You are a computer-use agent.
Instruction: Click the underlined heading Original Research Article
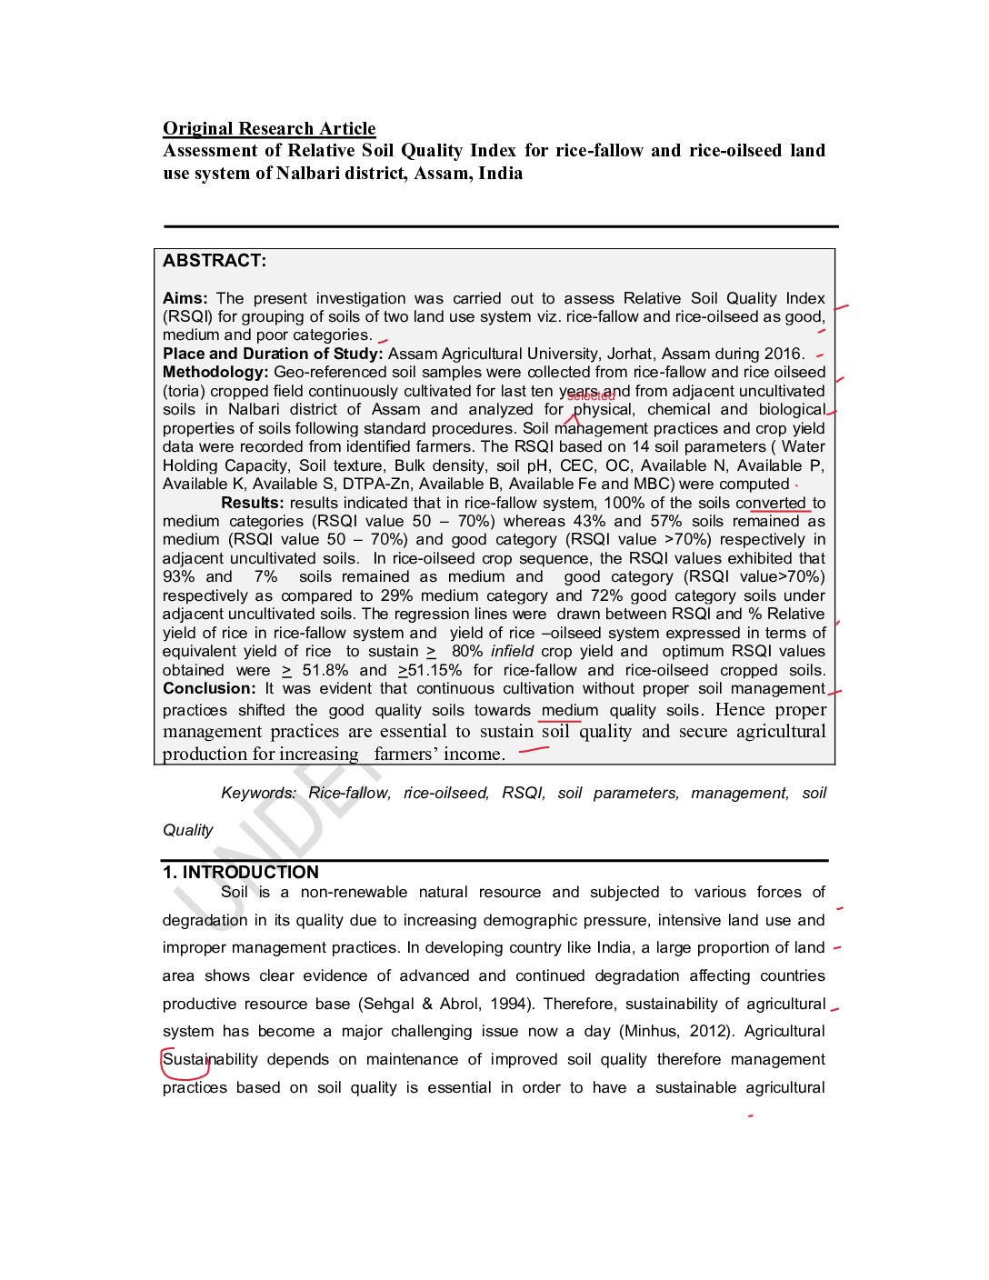pyautogui.click(x=269, y=128)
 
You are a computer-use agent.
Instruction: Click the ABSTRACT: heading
pyautogui.click(x=215, y=261)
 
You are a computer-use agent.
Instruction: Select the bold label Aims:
pyautogui.click(x=185, y=298)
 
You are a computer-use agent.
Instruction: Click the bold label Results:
pyautogui.click(x=252, y=503)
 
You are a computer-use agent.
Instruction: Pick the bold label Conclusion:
pyautogui.click(x=209, y=689)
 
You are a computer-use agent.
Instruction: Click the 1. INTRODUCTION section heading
pyautogui.click(x=241, y=873)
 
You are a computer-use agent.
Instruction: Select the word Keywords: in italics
pyautogui.click(x=258, y=794)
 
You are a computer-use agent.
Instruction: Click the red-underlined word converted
pyautogui.click(x=771, y=503)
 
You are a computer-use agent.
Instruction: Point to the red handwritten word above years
pyautogui.click(x=590, y=396)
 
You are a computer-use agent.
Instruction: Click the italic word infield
pyautogui.click(x=512, y=652)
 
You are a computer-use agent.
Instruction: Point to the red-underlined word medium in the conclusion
pyautogui.click(x=570, y=711)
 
